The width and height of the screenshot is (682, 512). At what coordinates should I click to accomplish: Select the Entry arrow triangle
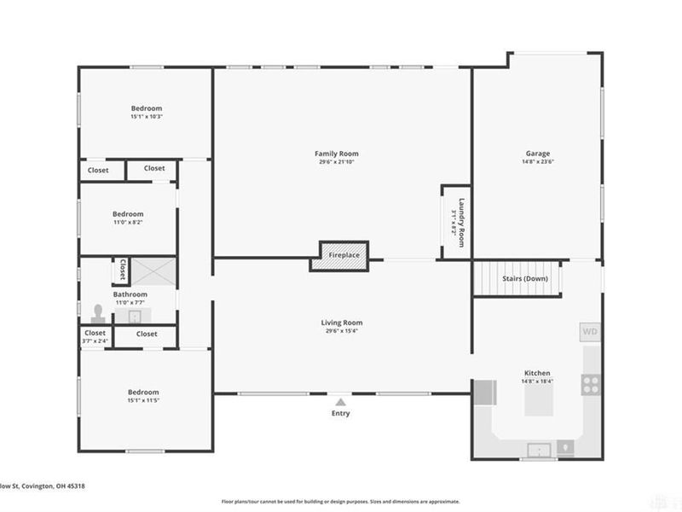(341, 401)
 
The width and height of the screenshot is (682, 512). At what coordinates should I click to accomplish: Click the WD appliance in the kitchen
(589, 330)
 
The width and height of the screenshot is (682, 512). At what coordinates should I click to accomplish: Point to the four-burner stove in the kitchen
(590, 384)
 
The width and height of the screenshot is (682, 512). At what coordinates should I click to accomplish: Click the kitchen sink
(538, 449)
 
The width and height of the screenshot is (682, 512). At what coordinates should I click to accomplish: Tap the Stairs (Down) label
(524, 279)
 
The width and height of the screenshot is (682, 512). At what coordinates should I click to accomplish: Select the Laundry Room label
(461, 223)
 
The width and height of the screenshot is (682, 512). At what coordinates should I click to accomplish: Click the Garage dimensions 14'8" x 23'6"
(538, 162)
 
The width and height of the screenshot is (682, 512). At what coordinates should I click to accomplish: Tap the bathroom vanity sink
(136, 317)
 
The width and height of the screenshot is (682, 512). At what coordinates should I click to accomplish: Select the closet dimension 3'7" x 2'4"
(95, 341)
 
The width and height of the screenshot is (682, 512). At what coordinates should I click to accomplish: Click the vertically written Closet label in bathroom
(122, 270)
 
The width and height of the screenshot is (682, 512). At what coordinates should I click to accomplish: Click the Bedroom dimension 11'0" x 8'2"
(129, 222)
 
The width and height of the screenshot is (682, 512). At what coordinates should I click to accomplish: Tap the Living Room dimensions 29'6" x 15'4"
(342, 331)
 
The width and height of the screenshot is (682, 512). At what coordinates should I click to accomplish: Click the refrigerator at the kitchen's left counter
(484, 393)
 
